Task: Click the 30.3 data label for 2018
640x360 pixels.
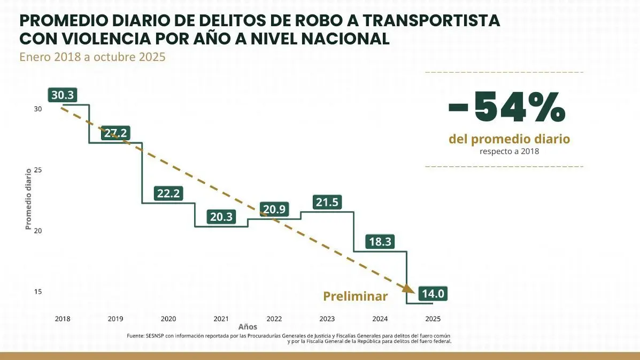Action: pos(63,95)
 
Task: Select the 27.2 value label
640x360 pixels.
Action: pos(115,133)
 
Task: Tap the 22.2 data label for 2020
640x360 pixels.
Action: pos(168,194)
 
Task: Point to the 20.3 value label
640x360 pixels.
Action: pos(221,217)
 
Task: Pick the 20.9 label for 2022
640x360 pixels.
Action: pos(274,210)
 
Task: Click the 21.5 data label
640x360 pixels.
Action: pos(327,203)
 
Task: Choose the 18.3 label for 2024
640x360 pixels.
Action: pos(380,242)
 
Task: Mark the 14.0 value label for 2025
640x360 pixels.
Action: pos(433,294)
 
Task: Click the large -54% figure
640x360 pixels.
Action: pos(506,107)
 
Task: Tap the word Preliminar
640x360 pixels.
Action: pos(356,296)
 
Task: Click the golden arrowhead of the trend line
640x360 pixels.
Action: pos(408,288)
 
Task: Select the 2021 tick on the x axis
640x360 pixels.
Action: pos(221,319)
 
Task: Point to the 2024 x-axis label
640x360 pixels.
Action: pos(380,319)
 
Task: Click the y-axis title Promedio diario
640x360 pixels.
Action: pos(28,199)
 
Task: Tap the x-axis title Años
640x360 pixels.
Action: pos(248,327)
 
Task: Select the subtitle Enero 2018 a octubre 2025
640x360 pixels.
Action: pos(92,57)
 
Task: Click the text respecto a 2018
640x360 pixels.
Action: pos(509,151)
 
